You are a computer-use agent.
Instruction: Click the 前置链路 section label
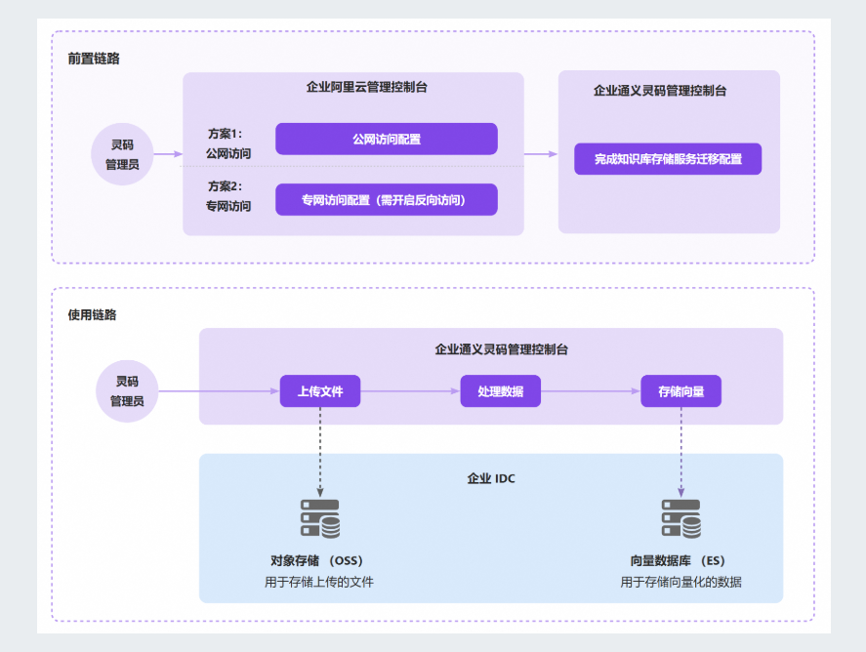(x=94, y=59)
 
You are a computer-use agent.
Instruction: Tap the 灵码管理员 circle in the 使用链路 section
(x=127, y=391)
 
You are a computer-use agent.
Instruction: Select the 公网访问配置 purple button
(x=386, y=139)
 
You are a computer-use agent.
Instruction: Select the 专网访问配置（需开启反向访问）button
(x=386, y=199)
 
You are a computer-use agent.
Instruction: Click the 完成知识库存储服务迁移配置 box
(x=668, y=158)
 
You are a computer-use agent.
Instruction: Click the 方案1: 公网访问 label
(x=227, y=143)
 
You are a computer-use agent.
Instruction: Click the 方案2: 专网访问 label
(x=227, y=195)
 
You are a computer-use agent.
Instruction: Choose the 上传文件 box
(x=319, y=391)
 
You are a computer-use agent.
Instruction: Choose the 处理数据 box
(x=500, y=391)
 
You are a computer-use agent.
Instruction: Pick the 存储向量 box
(x=680, y=391)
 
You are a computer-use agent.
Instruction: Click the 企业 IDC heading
(x=491, y=478)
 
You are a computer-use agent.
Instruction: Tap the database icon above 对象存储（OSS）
(x=320, y=518)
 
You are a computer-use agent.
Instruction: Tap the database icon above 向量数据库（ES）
(x=680, y=518)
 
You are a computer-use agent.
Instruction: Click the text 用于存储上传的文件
(x=319, y=582)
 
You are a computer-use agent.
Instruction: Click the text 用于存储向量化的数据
(x=680, y=582)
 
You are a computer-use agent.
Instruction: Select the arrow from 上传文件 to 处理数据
(x=410, y=391)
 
